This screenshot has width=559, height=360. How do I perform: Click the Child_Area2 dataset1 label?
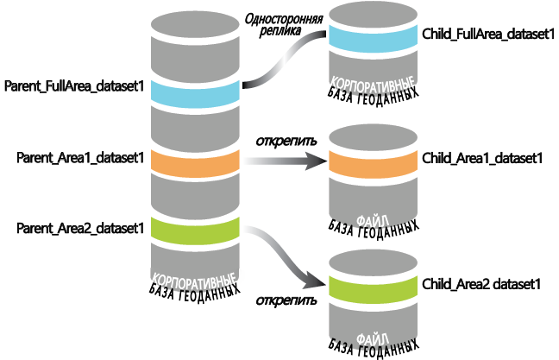coord(481,282)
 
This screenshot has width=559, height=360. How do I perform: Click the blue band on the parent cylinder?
coord(194,92)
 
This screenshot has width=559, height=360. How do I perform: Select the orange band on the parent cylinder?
coord(194,161)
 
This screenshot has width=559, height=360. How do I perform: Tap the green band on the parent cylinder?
coord(194,231)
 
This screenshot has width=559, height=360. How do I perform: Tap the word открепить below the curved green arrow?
coord(285,300)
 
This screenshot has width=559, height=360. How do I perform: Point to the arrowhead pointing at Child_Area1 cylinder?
coord(318,161)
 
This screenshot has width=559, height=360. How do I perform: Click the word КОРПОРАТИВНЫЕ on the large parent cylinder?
coord(194,280)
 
